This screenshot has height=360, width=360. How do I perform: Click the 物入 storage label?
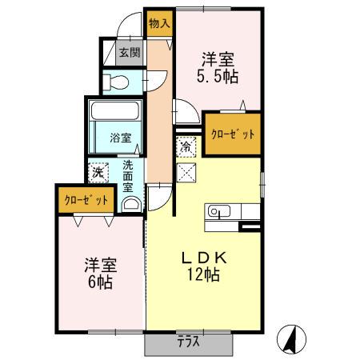click(159, 23)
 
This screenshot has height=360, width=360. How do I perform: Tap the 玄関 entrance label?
click(129, 54)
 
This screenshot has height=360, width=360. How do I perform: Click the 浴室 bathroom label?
click(121, 138)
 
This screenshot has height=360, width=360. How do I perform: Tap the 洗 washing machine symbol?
click(98, 171)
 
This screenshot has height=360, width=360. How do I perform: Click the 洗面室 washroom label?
click(127, 178)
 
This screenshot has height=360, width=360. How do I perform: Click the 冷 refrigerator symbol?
click(186, 146)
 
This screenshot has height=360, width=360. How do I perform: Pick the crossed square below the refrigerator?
click(186, 171)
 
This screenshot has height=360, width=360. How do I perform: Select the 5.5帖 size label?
click(217, 77)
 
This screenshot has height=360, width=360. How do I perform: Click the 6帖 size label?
click(98, 282)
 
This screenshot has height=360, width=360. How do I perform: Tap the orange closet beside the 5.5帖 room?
click(231, 134)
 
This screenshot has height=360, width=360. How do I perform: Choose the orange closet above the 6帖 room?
click(84, 198)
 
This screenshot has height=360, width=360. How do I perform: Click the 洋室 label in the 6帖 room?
click(98, 264)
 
